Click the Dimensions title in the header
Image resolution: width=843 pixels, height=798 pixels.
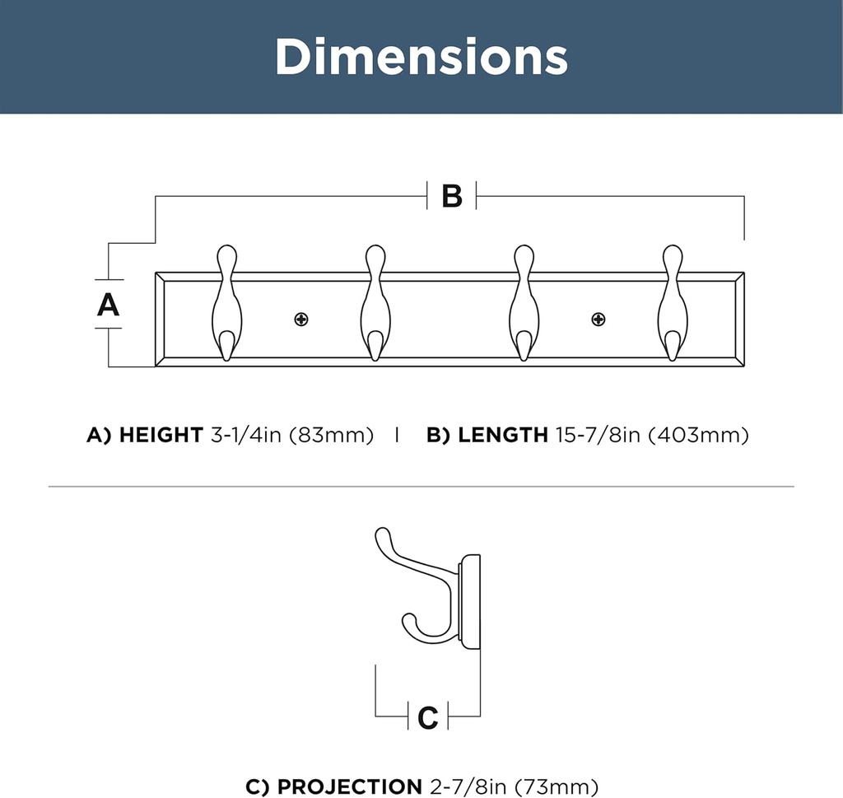(x=421, y=57)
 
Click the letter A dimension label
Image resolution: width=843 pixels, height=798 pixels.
(x=108, y=305)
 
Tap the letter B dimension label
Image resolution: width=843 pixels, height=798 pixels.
(x=452, y=196)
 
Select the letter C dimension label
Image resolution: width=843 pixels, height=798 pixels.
(x=428, y=717)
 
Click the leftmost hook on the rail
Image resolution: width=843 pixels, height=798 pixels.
(x=226, y=305)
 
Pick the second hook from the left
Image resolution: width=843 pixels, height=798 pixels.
(x=375, y=305)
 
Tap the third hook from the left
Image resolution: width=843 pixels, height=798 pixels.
(x=524, y=305)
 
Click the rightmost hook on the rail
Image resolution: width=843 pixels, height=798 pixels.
(x=672, y=305)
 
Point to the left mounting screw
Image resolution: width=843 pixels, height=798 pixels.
(x=301, y=320)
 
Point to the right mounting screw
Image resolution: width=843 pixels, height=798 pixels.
(x=598, y=320)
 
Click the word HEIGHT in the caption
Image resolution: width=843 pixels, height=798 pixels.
(x=161, y=436)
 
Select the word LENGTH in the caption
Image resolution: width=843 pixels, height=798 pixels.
(x=502, y=436)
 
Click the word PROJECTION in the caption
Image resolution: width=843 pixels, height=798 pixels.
(x=349, y=786)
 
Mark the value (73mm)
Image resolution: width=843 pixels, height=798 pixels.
(x=557, y=786)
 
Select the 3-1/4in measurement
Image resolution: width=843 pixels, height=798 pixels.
(x=246, y=436)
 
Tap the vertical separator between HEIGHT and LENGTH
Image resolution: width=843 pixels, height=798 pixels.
(x=397, y=436)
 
